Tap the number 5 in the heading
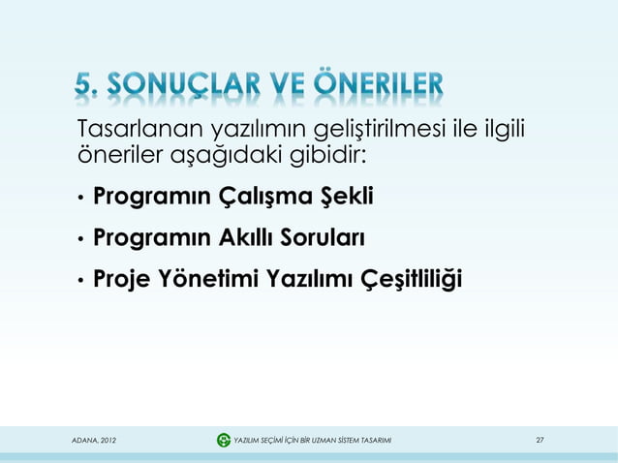coord(85,91)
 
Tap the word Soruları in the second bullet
coord(324,238)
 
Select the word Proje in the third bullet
coord(124,279)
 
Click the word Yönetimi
coord(207,279)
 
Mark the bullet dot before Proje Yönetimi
coord(83,281)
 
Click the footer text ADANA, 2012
coord(98,442)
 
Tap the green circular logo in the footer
coord(224,442)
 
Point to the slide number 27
coord(540,442)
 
